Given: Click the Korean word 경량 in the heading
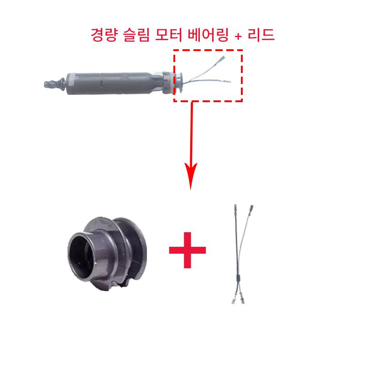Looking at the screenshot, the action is point(104,35).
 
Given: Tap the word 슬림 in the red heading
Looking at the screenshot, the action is point(136,35).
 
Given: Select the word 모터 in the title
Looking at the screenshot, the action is point(168,35).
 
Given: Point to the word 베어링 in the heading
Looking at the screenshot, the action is point(208,35).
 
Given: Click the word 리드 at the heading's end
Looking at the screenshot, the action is point(261,35).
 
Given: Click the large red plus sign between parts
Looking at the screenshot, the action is point(188,250).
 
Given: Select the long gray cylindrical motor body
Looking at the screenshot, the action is point(112,84).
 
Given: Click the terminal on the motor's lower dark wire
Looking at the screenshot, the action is point(224,81).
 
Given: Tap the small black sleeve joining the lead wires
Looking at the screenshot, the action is point(238,278).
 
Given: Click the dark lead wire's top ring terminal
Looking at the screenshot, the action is point(235,208).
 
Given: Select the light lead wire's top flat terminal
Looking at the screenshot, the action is point(251,208).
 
